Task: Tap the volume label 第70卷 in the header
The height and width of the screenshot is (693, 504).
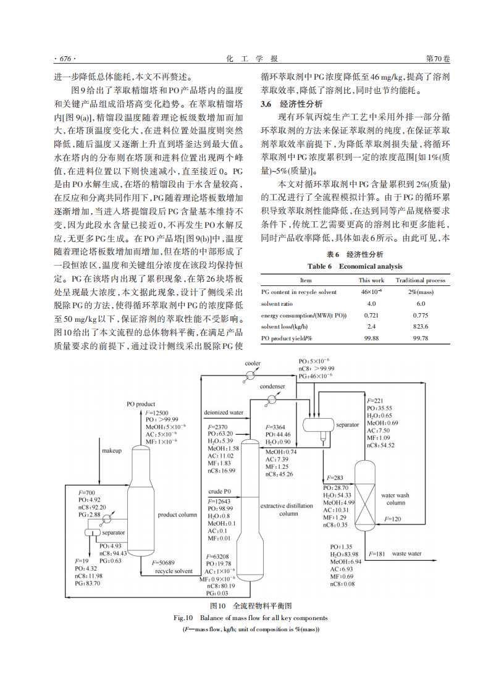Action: click(x=439, y=59)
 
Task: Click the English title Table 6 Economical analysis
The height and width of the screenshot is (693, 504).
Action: click(x=355, y=266)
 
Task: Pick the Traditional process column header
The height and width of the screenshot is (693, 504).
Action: click(x=421, y=280)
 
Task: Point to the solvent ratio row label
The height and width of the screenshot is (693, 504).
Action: click(x=276, y=303)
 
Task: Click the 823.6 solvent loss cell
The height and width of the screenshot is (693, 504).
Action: click(x=421, y=327)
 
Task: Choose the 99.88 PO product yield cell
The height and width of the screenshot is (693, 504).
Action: click(x=371, y=338)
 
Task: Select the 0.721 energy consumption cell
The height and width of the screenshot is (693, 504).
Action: click(x=371, y=315)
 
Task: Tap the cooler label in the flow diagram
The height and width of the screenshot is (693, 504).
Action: click(x=253, y=363)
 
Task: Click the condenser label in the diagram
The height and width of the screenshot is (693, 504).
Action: click(x=272, y=386)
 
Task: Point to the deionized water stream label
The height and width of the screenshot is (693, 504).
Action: click(x=224, y=412)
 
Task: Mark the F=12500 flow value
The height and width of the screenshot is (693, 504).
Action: click(x=157, y=412)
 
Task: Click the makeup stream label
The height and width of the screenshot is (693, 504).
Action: click(x=112, y=450)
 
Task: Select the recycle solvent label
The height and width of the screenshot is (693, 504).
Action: click(x=174, y=571)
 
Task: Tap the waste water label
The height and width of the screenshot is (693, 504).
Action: click(x=407, y=554)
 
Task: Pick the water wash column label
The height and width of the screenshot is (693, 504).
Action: click(x=395, y=499)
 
